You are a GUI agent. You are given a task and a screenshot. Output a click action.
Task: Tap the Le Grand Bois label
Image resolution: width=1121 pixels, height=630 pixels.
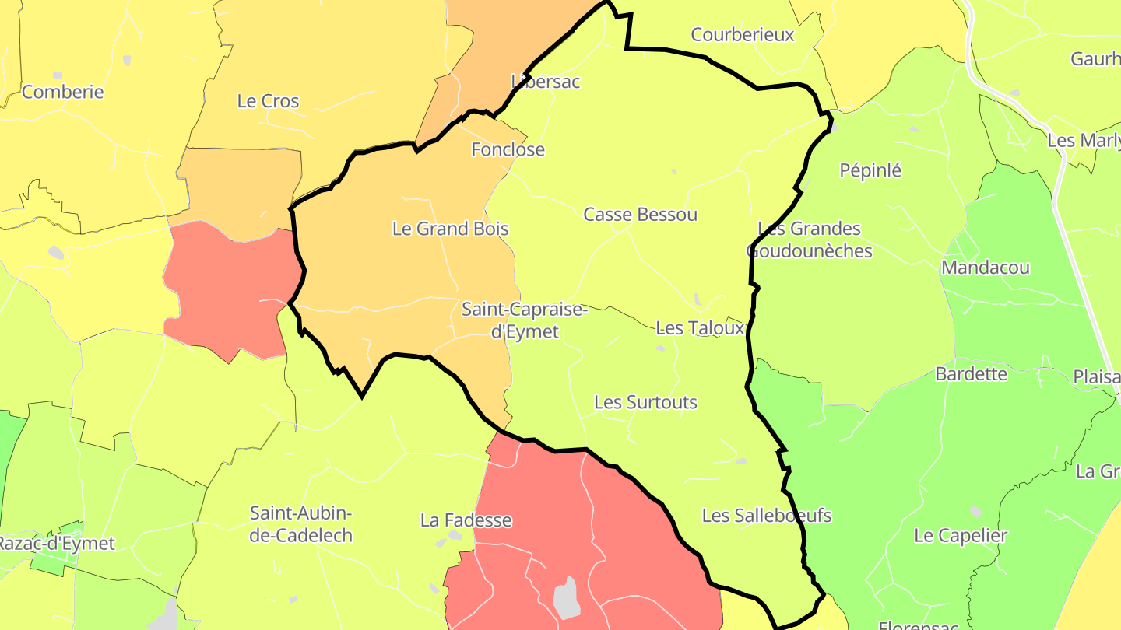coord(450,229)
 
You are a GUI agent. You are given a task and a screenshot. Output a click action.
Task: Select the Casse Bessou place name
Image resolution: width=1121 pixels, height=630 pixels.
coord(641,215)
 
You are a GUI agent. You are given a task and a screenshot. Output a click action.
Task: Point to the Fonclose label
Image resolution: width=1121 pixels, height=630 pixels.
coord(508,149)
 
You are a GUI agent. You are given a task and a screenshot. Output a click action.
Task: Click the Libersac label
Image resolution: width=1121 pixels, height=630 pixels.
coord(546,81)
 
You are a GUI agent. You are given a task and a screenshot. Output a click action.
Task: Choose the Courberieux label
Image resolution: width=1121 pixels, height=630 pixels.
coord(743,35)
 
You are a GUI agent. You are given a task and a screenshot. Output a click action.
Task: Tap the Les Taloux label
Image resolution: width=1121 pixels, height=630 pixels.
coord(700,328)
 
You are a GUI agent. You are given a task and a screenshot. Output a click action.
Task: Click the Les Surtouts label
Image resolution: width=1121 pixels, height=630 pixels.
coord(645,403)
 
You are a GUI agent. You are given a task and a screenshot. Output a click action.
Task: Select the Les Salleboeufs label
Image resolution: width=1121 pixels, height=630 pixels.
coord(767,516)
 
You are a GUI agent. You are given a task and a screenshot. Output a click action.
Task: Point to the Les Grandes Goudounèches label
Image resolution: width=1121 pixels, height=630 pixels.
coord(810,240)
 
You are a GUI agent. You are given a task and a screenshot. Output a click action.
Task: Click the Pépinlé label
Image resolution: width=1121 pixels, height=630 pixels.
coord(870,170)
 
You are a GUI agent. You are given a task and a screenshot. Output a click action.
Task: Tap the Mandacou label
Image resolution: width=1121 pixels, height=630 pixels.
coord(986,268)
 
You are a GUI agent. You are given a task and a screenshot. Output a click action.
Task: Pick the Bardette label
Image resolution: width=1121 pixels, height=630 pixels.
coord(972,374)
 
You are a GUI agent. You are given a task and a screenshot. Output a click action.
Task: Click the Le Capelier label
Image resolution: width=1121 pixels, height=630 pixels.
coord(961,536)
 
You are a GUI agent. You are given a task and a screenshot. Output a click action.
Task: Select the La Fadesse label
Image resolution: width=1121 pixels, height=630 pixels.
coord(466,520)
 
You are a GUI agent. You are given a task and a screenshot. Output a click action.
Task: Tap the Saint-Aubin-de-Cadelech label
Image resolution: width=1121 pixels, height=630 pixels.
coord(301,524)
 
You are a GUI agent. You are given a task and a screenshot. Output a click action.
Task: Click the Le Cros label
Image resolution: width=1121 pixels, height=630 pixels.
coord(268,101)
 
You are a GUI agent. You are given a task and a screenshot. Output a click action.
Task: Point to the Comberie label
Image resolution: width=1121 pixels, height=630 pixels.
coord(63,92)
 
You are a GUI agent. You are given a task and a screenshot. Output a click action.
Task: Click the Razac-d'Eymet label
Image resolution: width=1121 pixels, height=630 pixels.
coord(56,544)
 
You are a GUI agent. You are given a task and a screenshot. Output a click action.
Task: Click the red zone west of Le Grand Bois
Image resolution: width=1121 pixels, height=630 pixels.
coord(230,292)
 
